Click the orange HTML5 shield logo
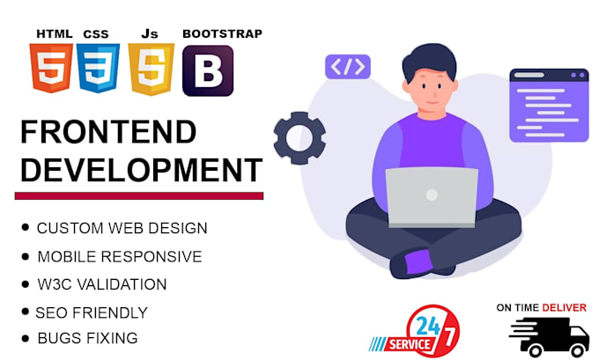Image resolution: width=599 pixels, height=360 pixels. click(x=51, y=69)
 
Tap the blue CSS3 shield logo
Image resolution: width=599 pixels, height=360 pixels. click(x=99, y=69)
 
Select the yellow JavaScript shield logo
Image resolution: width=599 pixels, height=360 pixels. click(x=151, y=69)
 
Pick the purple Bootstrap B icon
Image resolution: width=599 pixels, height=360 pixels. click(x=207, y=70)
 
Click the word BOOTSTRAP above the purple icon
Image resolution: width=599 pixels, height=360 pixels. click(x=222, y=33)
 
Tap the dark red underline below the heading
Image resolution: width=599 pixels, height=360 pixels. click(x=139, y=195)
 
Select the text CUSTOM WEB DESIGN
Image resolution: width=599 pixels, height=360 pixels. click(x=122, y=228)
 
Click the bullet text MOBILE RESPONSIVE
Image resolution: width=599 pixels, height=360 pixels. click(x=119, y=257)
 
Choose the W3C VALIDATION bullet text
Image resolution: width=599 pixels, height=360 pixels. click(x=101, y=284)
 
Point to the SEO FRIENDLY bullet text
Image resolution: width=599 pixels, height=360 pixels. click(x=92, y=312)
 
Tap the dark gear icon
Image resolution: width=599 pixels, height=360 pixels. click(x=299, y=138)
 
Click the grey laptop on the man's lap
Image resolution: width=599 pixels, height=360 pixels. click(x=431, y=196)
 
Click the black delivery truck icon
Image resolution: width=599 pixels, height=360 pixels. click(x=548, y=338)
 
